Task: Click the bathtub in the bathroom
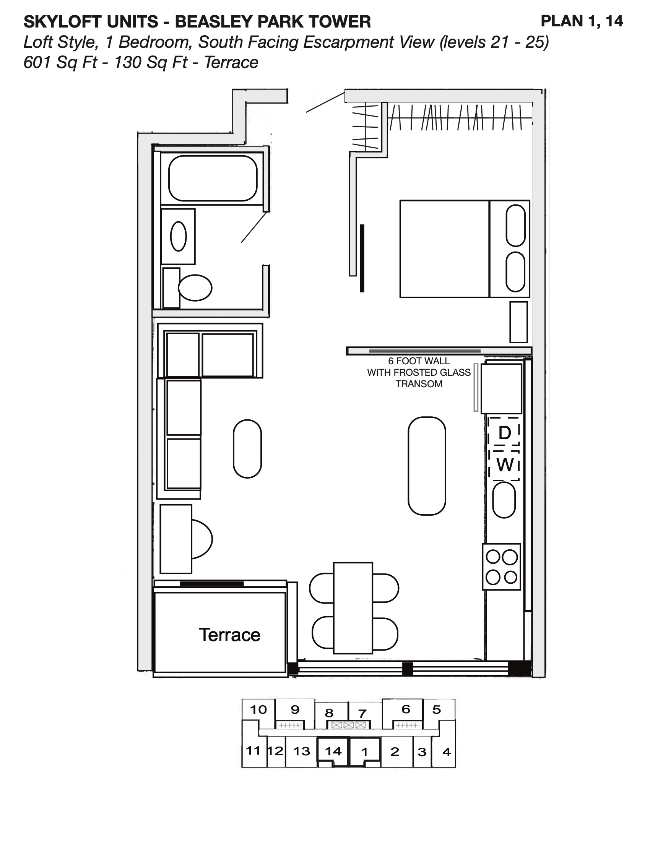(x=213, y=178)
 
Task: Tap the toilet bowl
(x=195, y=287)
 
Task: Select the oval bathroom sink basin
(x=178, y=236)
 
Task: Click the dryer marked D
(x=504, y=433)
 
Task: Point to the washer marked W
(x=505, y=465)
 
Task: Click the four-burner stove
(x=501, y=567)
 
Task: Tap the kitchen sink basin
(x=504, y=500)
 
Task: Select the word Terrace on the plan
(x=229, y=635)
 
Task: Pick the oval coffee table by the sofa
(x=247, y=449)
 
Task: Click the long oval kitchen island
(x=427, y=466)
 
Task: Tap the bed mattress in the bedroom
(x=444, y=249)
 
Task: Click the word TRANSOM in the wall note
(x=419, y=384)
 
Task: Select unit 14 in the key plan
(x=333, y=751)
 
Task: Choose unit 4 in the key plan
(x=446, y=752)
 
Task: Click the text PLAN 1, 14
(x=582, y=21)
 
